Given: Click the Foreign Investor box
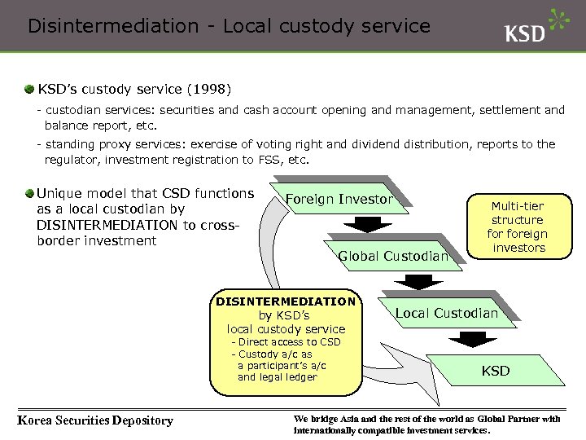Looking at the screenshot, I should tap(339, 200).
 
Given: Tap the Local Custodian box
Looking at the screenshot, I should tap(446, 313).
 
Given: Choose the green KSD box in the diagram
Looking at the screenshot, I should tap(495, 371).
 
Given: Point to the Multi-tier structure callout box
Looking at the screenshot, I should tap(518, 227).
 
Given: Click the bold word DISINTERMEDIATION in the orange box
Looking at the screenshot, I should tap(286, 301).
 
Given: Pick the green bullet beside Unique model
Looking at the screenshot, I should tap(29, 194).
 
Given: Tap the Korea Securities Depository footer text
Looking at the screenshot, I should tap(95, 420).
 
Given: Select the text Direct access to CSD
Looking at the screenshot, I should tap(290, 342).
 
